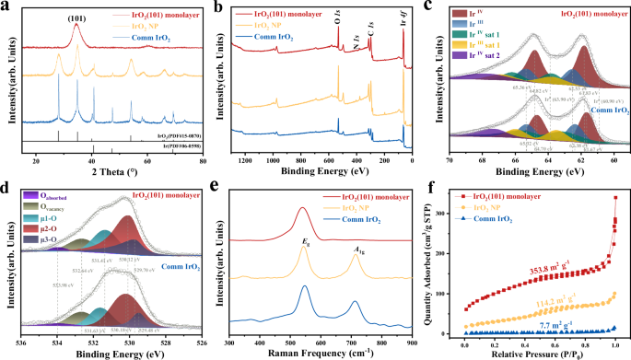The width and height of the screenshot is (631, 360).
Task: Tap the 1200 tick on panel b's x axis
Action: [x=245, y=163]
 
